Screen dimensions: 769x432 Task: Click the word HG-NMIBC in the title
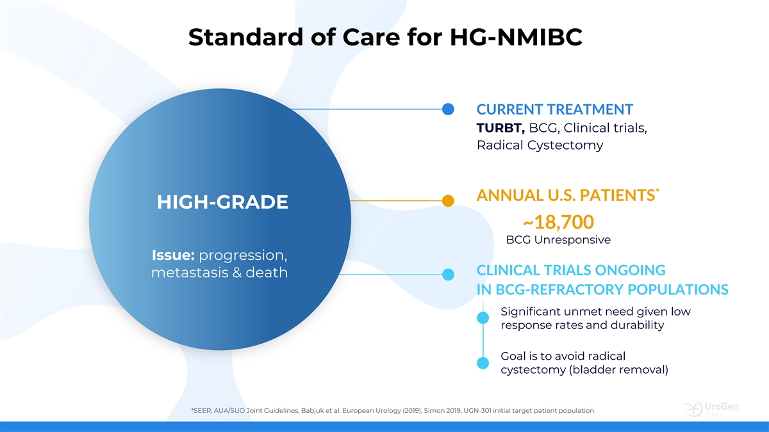point(516,36)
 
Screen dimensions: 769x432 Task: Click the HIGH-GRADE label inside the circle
point(222,202)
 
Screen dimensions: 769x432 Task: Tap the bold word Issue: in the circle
point(174,255)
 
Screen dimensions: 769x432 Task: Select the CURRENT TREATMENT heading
point(555,109)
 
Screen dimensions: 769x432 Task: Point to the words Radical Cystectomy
point(540,145)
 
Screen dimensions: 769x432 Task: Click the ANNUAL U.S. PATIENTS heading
point(568,195)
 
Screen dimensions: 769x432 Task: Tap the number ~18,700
point(558,222)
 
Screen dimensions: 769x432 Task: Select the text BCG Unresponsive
point(559,239)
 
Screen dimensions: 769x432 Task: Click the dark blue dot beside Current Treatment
point(448,109)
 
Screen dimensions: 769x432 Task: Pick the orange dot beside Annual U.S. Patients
point(448,200)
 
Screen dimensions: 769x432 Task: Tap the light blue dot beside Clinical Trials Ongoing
point(448,275)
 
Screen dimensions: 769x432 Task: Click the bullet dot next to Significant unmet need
point(483,318)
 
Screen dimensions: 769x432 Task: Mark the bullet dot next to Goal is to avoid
point(483,363)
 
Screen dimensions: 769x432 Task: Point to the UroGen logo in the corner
point(712,409)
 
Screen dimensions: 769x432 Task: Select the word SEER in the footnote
point(201,410)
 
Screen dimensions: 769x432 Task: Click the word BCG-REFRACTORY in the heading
point(560,290)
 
